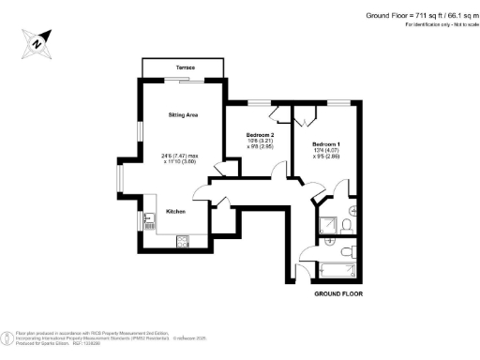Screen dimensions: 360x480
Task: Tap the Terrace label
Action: coord(184,68)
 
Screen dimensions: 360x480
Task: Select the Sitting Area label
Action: coord(183,115)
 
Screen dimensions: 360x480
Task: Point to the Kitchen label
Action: coord(175,212)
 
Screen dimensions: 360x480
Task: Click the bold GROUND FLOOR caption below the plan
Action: coord(337,293)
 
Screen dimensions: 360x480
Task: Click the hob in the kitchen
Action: coord(182,243)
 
